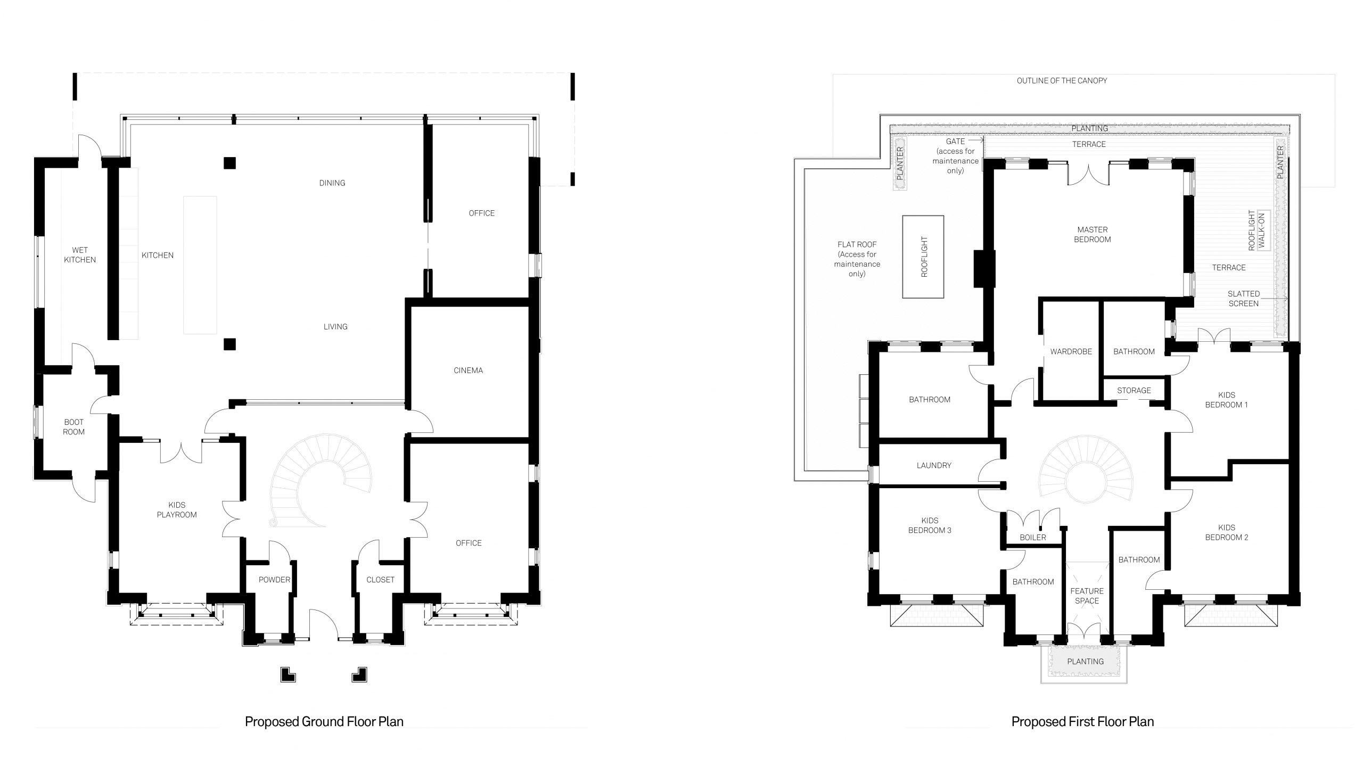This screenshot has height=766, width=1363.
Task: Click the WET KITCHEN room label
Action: [80, 255]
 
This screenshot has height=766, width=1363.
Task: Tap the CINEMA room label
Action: [469, 370]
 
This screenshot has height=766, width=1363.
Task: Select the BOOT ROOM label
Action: [73, 427]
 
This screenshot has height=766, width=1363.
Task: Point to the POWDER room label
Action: [275, 580]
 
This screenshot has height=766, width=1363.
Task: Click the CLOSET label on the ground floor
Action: [381, 580]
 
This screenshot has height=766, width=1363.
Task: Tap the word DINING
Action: [332, 183]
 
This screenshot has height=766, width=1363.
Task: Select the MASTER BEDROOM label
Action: [1093, 235]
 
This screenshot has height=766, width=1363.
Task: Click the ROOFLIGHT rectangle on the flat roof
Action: [923, 257]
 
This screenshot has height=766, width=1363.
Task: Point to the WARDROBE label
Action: [1071, 352]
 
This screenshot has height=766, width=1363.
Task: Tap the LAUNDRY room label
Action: [934, 465]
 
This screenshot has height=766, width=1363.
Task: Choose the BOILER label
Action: [1033, 538]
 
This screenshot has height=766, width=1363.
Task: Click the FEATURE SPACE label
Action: [1087, 596]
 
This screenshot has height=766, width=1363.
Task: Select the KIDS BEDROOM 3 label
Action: [930, 525]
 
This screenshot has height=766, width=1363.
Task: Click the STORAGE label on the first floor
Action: [1134, 391]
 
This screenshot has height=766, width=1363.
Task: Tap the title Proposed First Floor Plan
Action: [1083, 722]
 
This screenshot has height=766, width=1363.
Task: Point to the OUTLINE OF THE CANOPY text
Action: [1062, 81]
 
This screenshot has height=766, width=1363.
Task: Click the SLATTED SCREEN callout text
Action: [1244, 299]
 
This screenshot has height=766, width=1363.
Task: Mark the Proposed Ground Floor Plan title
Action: [324, 722]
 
